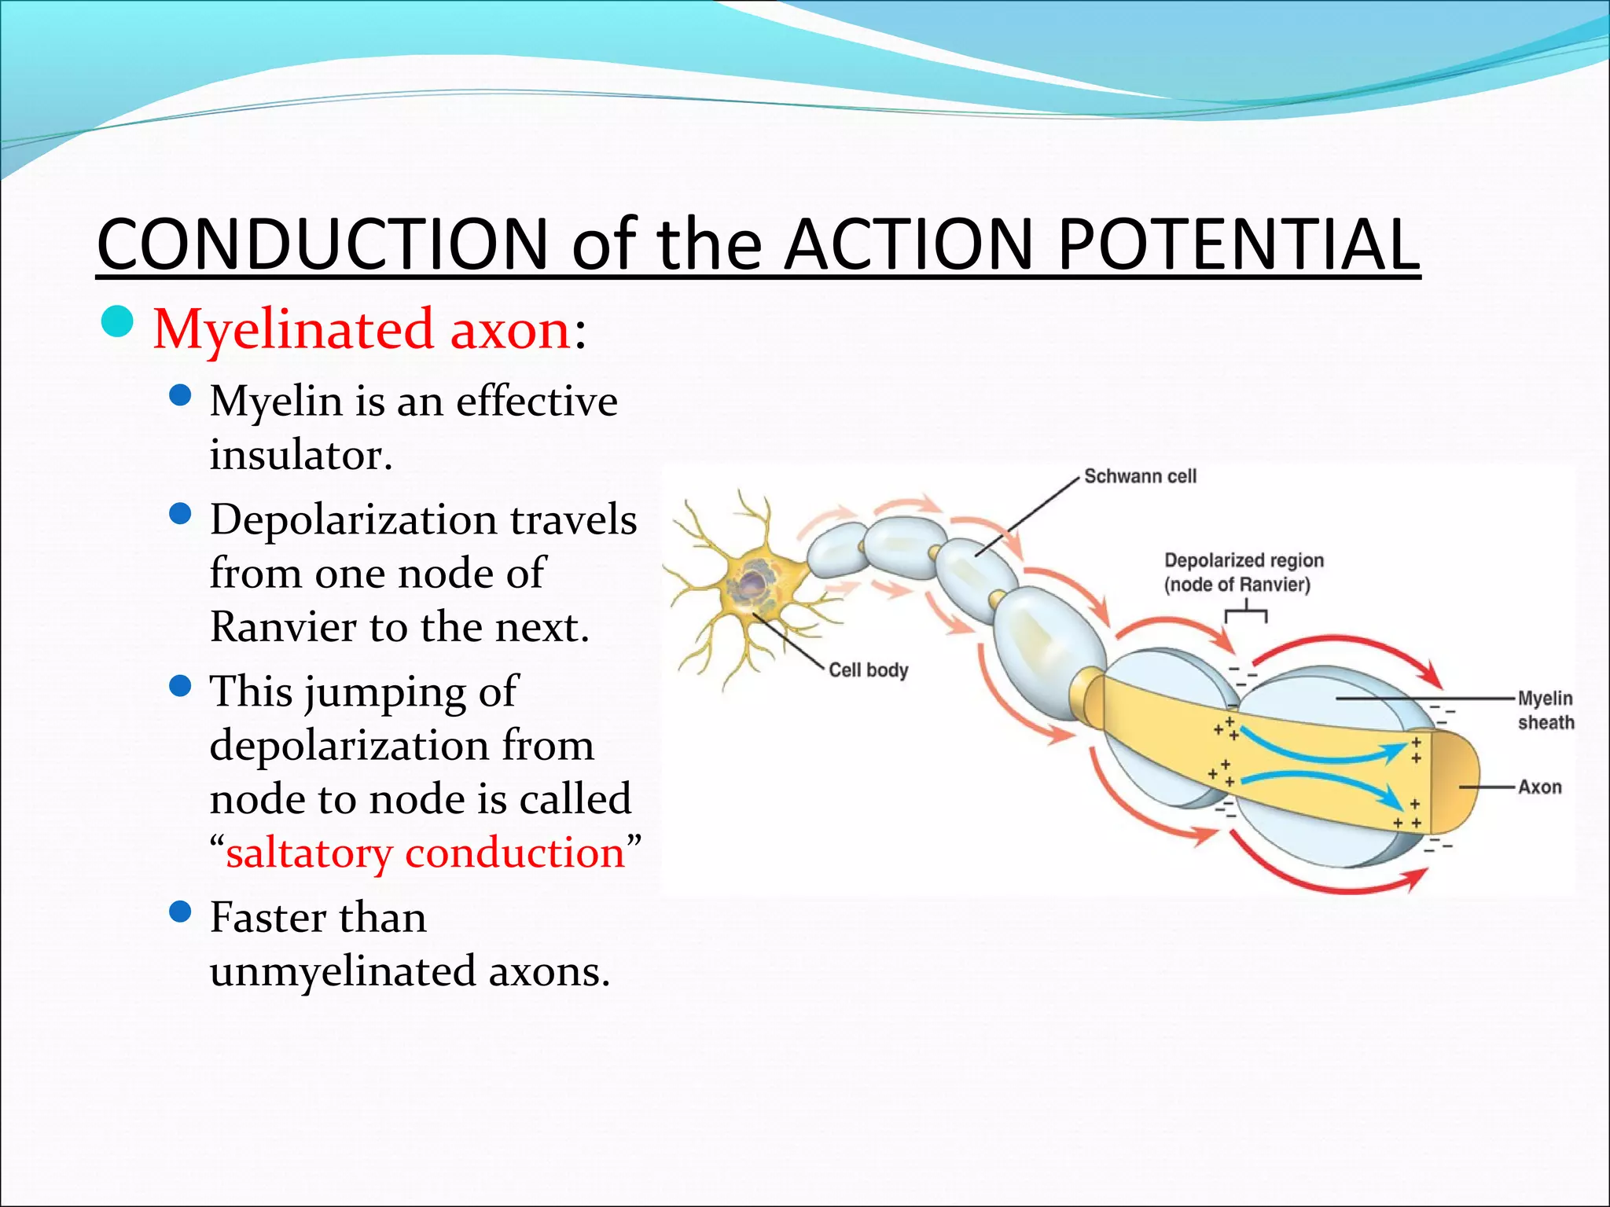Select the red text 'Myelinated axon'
[362, 328]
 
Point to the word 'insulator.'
[301, 455]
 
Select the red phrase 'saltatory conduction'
[425, 853]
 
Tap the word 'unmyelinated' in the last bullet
[343, 971]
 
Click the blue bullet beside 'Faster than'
[180, 912]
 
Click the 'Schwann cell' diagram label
[1140, 476]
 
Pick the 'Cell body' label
[868, 670]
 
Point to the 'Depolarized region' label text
[1244, 560]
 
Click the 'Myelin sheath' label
[1546, 710]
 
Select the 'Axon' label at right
[1539, 787]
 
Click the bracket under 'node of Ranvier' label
[1245, 611]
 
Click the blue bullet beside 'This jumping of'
[180, 686]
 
